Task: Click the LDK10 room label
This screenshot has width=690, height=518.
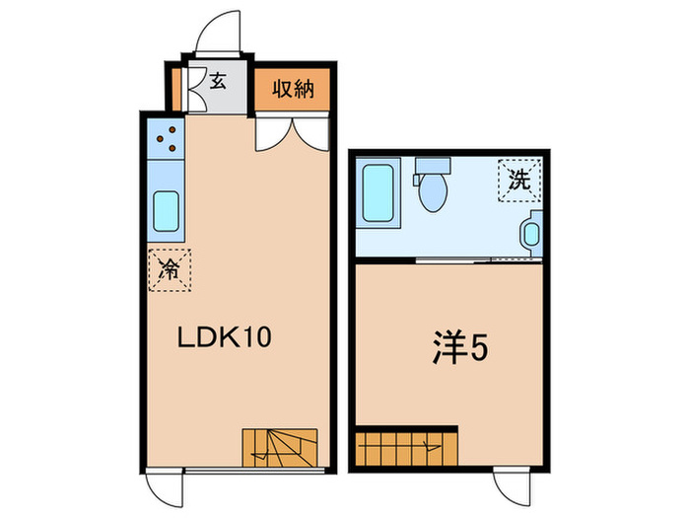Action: (x=223, y=337)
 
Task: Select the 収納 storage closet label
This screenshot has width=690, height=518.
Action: (x=293, y=90)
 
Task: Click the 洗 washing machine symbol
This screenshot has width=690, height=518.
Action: (x=517, y=181)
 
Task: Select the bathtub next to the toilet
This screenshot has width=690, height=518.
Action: (x=379, y=192)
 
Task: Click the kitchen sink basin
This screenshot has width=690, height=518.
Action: (x=166, y=210)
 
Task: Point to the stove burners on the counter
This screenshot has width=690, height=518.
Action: (x=165, y=139)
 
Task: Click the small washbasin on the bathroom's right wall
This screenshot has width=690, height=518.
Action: (x=531, y=234)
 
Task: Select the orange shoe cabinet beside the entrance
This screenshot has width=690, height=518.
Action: (x=176, y=88)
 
